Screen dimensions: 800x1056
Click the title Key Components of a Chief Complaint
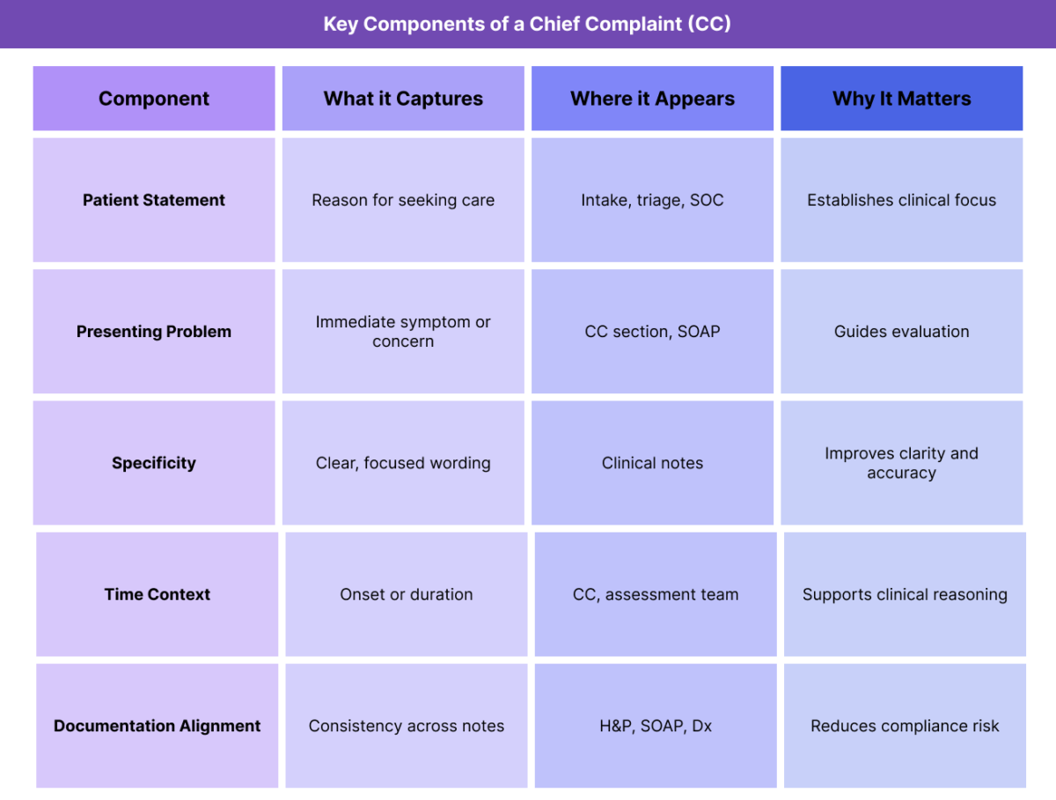(x=527, y=24)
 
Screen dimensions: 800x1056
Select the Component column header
(x=154, y=99)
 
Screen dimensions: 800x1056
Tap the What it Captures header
(x=403, y=99)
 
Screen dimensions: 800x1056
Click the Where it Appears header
(x=652, y=99)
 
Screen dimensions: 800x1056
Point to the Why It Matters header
(x=902, y=99)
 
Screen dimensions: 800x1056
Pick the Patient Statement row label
(x=154, y=200)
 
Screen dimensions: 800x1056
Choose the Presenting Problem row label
(x=154, y=332)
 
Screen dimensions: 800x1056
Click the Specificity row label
(x=154, y=463)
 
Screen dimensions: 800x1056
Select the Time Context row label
(x=158, y=594)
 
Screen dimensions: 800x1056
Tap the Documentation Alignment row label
(x=158, y=726)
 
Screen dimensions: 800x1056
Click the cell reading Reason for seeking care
(x=403, y=200)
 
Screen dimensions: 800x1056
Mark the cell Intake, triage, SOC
(x=652, y=200)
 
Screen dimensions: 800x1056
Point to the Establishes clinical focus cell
(x=902, y=200)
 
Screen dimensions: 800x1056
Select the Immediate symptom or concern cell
(x=403, y=332)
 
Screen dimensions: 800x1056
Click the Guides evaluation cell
(x=902, y=332)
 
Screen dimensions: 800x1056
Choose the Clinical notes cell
(x=652, y=463)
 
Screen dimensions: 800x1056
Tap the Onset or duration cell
(x=407, y=594)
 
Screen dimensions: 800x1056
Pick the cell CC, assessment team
(x=656, y=594)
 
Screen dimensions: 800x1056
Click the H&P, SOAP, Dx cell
(x=656, y=726)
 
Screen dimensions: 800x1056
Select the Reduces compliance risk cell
(x=905, y=726)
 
